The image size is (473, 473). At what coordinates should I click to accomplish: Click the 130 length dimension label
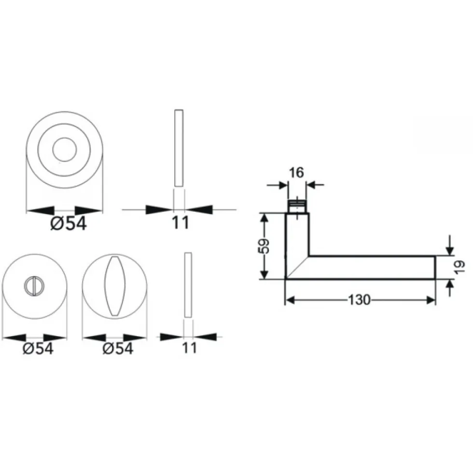(359, 300)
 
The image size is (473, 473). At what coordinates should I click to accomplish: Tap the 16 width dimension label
(296, 173)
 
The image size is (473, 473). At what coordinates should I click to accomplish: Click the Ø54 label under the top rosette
(69, 224)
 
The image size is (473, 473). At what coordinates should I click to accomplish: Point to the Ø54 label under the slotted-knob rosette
(38, 349)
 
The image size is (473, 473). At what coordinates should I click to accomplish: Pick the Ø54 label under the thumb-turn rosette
(118, 349)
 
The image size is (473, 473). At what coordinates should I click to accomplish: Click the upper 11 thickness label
(180, 223)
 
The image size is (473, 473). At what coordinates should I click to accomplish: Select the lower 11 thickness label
(189, 348)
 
